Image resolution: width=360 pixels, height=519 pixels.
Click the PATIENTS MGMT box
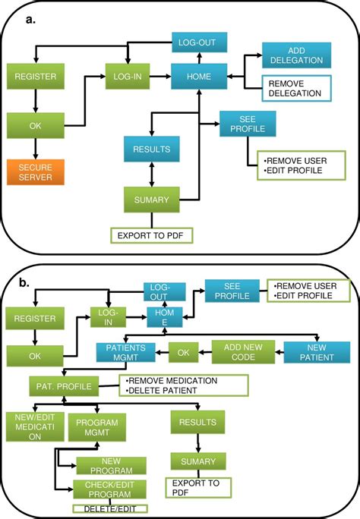point(125,351)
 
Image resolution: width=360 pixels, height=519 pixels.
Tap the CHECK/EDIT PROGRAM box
point(111,489)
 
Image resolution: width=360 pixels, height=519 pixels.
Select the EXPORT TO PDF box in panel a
point(152,234)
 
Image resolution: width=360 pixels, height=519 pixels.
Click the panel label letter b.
point(25,282)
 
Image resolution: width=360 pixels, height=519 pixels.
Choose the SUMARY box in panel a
point(152,200)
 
